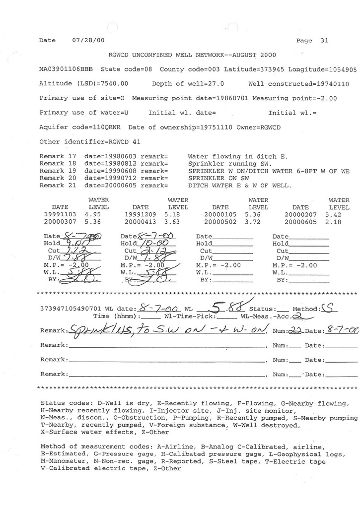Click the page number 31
[324, 41]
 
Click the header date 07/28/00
[88, 40]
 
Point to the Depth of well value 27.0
[216, 84]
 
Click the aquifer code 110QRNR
[100, 127]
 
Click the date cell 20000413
[141, 222]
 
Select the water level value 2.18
[334, 222]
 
